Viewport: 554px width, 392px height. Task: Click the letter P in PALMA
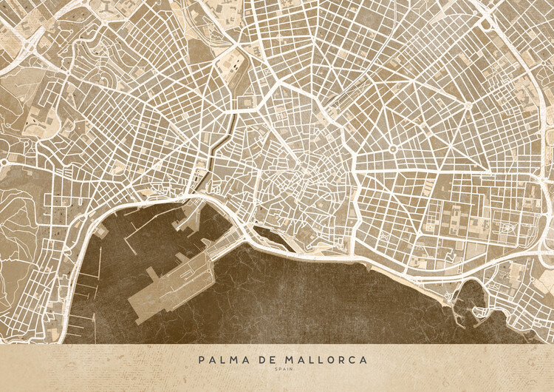coord(201,359)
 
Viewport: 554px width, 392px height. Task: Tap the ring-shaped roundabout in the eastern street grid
coord(392,149)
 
